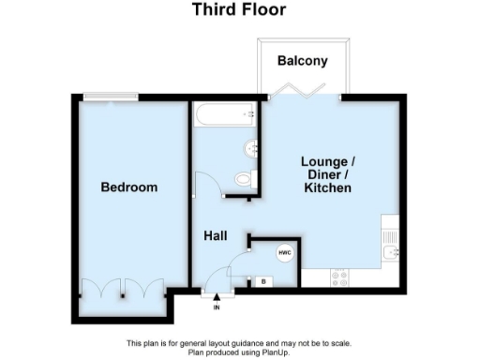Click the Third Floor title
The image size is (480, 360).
point(239,10)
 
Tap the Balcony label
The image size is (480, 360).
point(303,62)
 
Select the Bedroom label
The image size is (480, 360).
point(129,187)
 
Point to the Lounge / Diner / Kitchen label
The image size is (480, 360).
point(327,174)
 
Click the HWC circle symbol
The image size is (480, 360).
point(283,253)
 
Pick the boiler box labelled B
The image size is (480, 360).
point(263,281)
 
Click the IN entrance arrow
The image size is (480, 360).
point(217,300)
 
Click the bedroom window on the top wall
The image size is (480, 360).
point(100,96)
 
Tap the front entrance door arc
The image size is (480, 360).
point(216,278)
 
